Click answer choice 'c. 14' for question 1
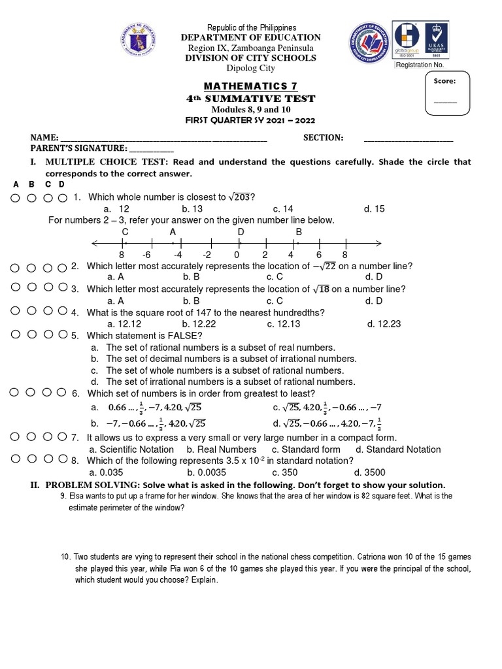coord(283,209)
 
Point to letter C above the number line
coord(125,231)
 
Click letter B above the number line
coord(299,231)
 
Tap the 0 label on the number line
coord(237,255)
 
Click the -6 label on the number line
coord(147,255)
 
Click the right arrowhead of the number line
coord(377,244)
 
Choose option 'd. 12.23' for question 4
coord(384,323)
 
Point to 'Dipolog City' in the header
coord(251,69)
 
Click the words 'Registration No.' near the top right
coord(420,65)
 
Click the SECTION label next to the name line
coord(323,138)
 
